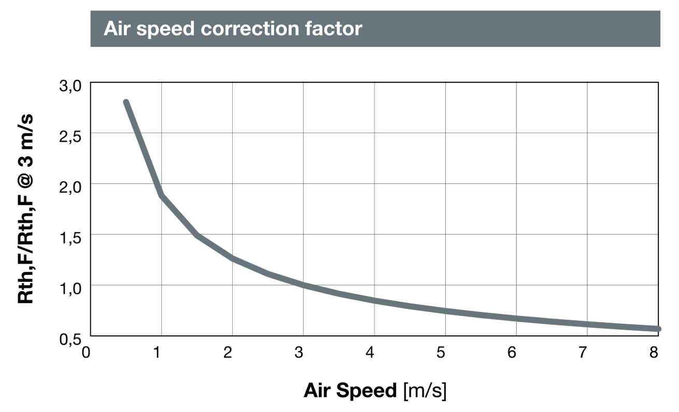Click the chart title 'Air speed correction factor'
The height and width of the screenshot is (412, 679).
(233, 29)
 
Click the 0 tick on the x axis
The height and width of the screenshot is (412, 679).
(87, 352)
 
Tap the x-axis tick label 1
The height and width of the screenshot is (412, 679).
(157, 352)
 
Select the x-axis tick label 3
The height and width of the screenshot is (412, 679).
(299, 352)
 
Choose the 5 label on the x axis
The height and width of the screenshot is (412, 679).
(441, 352)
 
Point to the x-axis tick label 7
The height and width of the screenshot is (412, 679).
(583, 352)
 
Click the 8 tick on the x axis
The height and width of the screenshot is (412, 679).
(654, 352)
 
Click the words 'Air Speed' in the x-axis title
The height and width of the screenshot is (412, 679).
(350, 390)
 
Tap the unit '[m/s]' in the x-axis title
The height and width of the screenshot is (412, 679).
(425, 390)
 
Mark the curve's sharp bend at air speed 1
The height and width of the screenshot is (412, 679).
(162, 196)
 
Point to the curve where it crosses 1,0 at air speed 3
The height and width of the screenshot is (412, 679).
(303, 285)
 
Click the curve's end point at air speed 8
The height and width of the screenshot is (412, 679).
(658, 329)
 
